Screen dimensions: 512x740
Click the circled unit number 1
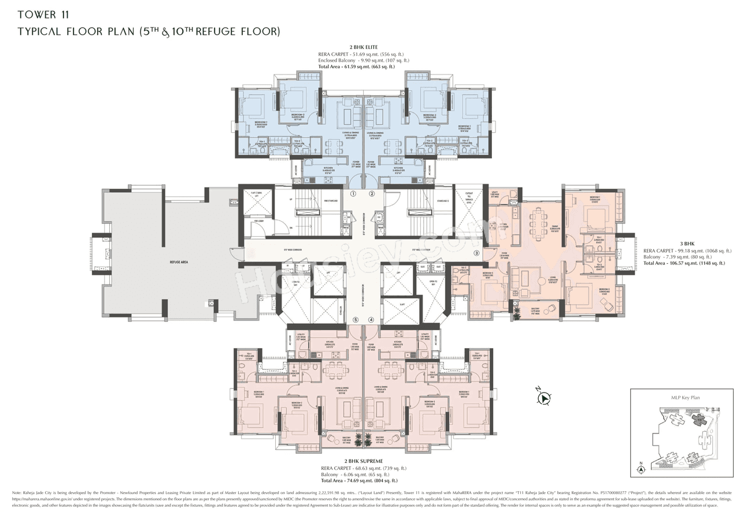tap(353, 194)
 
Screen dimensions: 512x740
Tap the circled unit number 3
tap(476, 253)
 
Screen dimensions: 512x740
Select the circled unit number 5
tap(356, 320)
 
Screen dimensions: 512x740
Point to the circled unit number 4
tap(371, 320)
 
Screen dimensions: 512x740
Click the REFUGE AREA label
tap(178, 261)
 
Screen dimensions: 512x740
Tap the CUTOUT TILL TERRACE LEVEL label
tap(469, 199)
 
